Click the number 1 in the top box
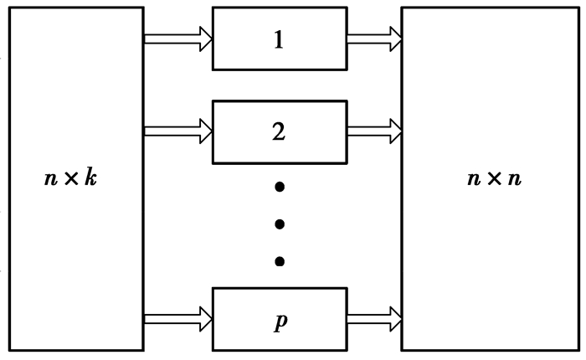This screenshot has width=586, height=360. coord(279,39)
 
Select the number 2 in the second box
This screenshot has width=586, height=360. coord(279,131)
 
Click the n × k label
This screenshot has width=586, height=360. coord(71,178)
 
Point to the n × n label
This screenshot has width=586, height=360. coord(494,178)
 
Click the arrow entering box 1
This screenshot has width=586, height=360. coord(177,39)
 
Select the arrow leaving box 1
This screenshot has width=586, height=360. coord(374,39)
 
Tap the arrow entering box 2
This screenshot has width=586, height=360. coord(177,131)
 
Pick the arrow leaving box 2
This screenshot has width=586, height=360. coord(374,131)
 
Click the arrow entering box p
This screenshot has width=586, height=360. coord(177,318)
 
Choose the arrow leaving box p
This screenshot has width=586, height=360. coord(374,318)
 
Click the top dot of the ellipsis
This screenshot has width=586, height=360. coord(279,187)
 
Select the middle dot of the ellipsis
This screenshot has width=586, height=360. coord(279,224)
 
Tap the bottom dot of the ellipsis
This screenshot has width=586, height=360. coord(279,262)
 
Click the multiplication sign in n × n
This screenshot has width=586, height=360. coord(493,179)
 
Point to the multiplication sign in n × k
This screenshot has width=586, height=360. coord(70,179)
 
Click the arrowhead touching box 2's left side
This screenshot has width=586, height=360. coord(205,131)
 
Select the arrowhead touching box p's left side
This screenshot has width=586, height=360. coord(205,318)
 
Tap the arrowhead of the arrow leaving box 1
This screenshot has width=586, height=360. coord(396,39)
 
